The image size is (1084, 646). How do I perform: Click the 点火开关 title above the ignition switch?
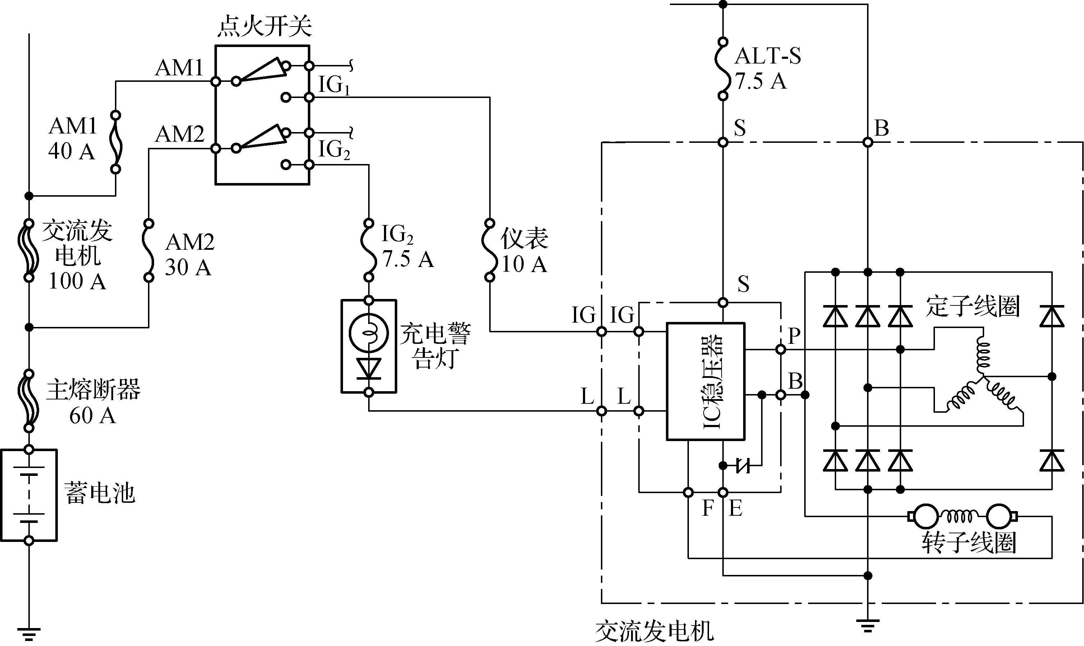264,26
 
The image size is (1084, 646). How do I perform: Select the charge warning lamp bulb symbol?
369,334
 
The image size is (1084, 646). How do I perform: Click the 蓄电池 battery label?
100,493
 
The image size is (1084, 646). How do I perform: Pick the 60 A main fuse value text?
92,415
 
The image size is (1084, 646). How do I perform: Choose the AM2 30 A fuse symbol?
149,250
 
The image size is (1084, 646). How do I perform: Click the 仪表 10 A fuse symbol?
490,250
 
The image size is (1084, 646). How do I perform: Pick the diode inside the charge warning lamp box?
369,368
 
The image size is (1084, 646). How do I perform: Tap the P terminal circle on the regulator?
781,350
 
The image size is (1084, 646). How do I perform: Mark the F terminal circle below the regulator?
688,492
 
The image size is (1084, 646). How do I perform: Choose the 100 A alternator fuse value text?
77,281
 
